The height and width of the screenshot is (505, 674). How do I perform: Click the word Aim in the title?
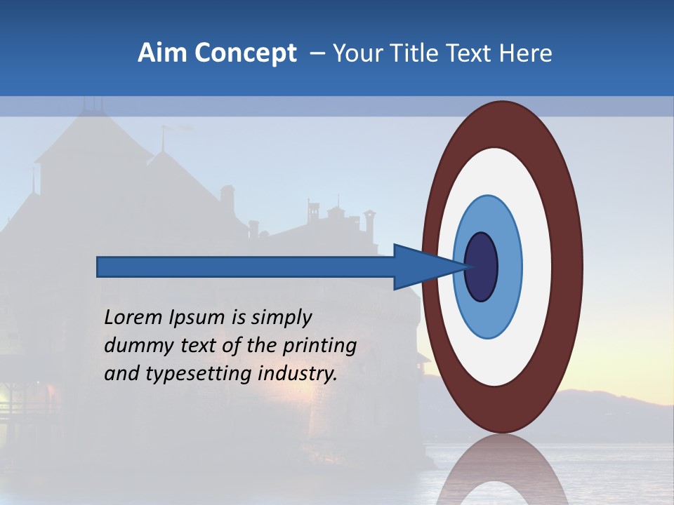pos(160,53)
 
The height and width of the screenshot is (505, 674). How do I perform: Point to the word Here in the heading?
pos(526,53)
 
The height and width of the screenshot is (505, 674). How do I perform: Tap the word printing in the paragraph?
pos(319,346)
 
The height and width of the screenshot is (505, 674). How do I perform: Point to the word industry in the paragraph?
pos(298,374)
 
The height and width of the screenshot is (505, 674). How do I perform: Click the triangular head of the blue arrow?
pos(421,267)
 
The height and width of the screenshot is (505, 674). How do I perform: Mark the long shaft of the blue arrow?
pos(246,267)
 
